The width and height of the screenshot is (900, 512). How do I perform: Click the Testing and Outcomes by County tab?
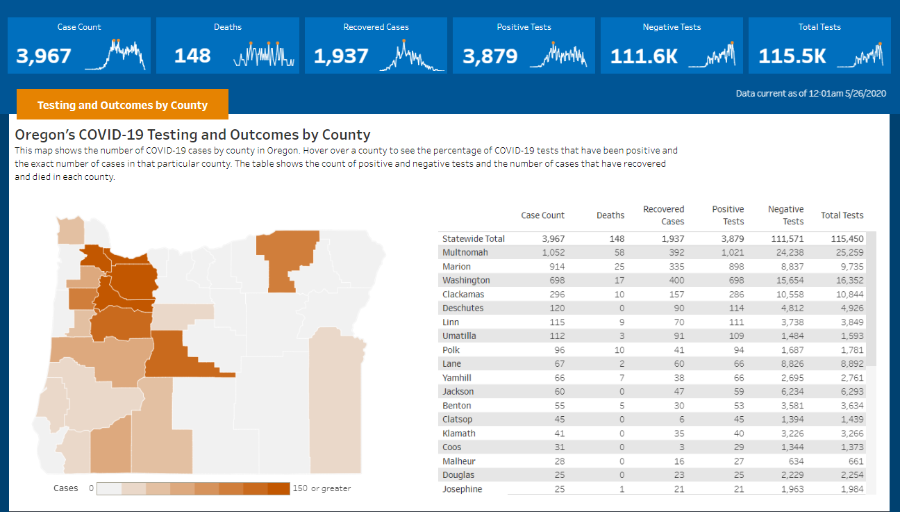coord(122,105)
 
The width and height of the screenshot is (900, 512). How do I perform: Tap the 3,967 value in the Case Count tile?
coord(44,56)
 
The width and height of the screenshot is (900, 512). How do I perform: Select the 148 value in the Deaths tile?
coord(192,56)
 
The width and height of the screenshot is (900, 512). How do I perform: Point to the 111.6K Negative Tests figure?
coord(644,56)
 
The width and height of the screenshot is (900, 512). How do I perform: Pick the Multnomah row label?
coord(465,252)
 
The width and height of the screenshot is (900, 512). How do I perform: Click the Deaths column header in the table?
coord(610,215)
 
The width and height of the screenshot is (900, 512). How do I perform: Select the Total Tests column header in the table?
coord(842,215)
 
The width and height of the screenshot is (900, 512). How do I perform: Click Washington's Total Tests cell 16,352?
coord(847,280)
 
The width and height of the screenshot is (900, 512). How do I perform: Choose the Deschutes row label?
coord(462,308)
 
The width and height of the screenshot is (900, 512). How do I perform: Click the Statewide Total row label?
coord(474,238)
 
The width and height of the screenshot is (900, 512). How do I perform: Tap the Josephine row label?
coord(462,489)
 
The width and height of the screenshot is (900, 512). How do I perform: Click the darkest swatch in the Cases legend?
coord(279,488)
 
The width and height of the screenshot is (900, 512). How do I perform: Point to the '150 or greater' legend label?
coord(322,488)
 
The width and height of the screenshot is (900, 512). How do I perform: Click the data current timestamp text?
coord(811,93)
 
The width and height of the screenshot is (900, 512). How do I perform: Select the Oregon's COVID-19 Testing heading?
coord(192,135)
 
